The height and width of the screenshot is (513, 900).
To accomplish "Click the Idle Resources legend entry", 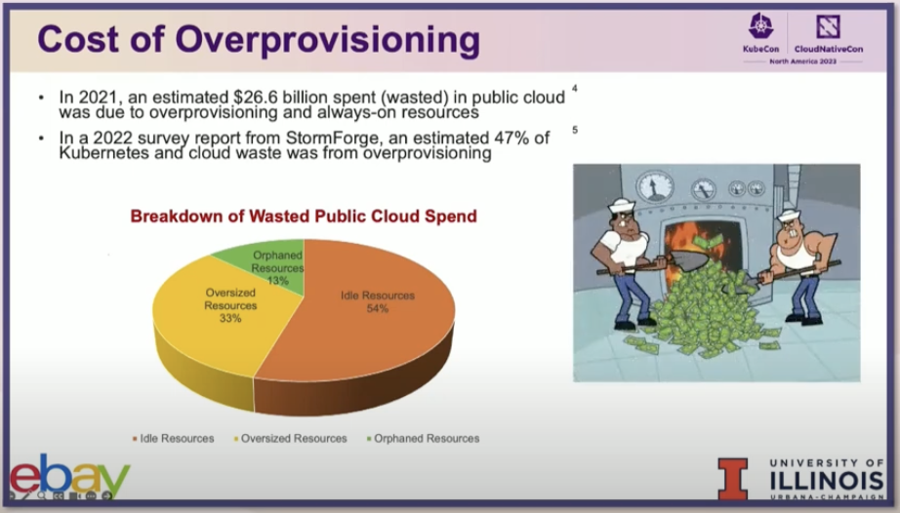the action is pos(174,439).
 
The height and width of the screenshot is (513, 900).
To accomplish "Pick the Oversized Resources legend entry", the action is pos(291,439).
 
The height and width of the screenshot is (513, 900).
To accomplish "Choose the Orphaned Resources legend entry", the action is pos(423,439).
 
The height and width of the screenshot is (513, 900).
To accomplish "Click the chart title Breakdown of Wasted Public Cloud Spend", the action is pos(304,217).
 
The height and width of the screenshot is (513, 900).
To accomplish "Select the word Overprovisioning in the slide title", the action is pos(327,40).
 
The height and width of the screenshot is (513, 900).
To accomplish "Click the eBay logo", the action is pos(70,476).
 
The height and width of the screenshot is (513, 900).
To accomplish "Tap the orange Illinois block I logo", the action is pos(733,479).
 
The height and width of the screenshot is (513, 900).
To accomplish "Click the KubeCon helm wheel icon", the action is pos(761,26).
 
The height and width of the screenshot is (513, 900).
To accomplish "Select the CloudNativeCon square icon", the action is pos(828,26).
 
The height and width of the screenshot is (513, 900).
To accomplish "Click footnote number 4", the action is pos(575,89).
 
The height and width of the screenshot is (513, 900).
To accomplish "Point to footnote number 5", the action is pos(575,130).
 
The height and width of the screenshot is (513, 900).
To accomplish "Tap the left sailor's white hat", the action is pos(621,204).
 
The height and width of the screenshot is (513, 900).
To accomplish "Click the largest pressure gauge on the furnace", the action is pos(655,187).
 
